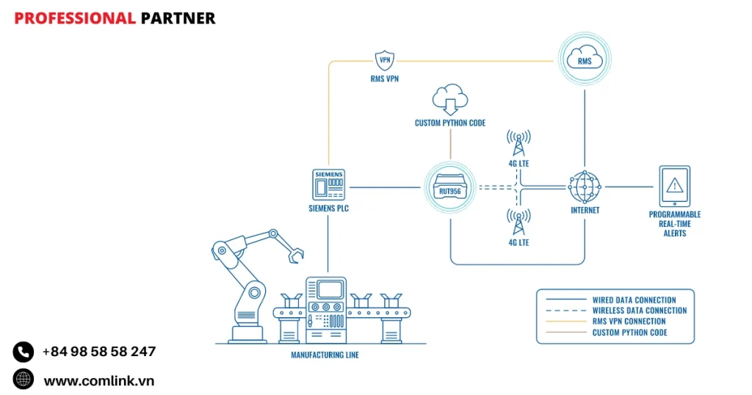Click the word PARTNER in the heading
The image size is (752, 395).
click(x=178, y=18)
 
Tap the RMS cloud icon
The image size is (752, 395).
click(x=584, y=61)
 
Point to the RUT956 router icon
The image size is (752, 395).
click(x=449, y=186)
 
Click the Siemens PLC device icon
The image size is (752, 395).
click(x=328, y=185)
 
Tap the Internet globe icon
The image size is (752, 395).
click(x=585, y=186)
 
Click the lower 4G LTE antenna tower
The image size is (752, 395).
click(x=518, y=223)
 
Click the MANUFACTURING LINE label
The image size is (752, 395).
click(x=325, y=355)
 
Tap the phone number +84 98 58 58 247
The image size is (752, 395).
click(x=99, y=352)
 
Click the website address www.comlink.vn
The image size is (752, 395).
click(x=99, y=380)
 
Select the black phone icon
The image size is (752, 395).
click(x=23, y=352)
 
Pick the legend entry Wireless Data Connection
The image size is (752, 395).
click(x=639, y=311)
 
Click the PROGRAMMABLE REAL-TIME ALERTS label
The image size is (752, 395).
click(x=674, y=224)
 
